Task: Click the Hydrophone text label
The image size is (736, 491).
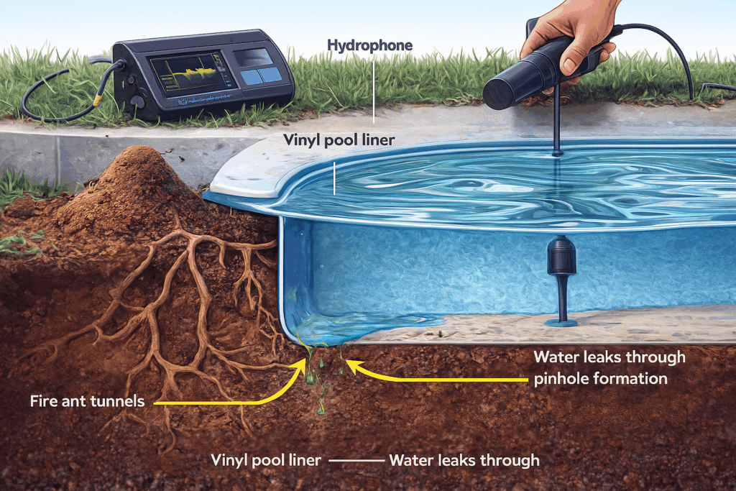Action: pos(369,46)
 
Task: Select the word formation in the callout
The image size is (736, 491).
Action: pos(632,379)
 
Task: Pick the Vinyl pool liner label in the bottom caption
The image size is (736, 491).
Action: pos(266,460)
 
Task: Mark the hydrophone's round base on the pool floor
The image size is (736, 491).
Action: pos(561,323)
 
